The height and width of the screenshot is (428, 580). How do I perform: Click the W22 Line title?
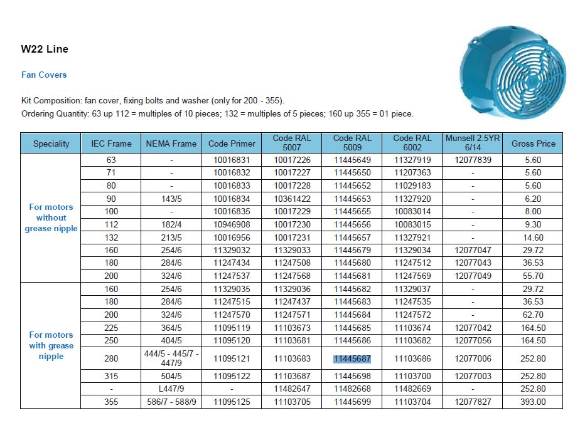(x=45, y=49)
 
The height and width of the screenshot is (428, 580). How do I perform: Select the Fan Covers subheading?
(x=44, y=75)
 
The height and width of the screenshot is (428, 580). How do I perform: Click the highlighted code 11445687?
(x=352, y=359)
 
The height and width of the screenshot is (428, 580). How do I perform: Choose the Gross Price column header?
(x=533, y=144)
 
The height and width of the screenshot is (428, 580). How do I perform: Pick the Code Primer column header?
(x=231, y=144)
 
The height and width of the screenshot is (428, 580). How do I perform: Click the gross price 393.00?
(x=533, y=402)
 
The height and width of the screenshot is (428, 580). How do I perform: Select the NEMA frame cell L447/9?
(x=171, y=389)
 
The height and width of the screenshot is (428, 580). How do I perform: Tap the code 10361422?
(x=291, y=199)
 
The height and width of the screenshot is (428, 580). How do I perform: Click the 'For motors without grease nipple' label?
(x=51, y=217)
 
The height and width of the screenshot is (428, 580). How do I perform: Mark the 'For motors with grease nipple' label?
(x=51, y=345)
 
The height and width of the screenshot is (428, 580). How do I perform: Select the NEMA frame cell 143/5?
(x=171, y=199)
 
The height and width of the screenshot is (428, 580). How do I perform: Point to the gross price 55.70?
(x=533, y=276)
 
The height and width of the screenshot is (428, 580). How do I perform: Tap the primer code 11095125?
(x=231, y=402)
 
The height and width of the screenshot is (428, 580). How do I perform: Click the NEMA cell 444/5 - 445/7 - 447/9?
(x=171, y=358)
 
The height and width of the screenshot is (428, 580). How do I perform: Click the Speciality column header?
(x=51, y=144)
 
